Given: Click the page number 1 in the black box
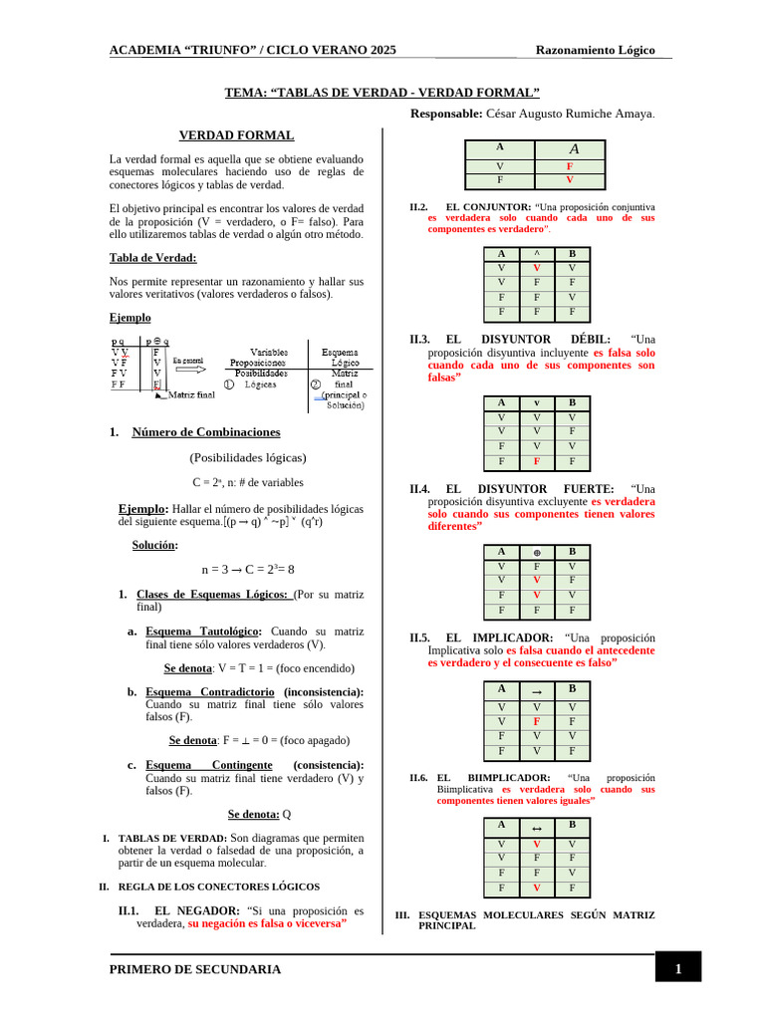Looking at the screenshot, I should tap(677, 968).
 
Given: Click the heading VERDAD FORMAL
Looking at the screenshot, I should tap(236, 135).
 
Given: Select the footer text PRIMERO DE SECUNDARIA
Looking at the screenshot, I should tap(195, 969).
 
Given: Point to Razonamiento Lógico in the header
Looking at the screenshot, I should tap(596, 51).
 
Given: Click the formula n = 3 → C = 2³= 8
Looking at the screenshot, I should tap(248, 570).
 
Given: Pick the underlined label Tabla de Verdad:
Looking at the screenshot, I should tap(152, 258).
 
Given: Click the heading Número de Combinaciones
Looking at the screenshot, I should tap(205, 432).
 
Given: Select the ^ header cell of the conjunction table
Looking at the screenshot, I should tap(537, 254).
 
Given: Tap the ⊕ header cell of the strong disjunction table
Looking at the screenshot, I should tap(537, 552).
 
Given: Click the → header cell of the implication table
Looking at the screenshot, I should tap(537, 689).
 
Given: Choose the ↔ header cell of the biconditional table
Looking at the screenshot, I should tap(537, 826).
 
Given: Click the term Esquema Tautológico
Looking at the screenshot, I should tap(203, 632).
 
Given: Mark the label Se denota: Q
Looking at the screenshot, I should tap(259, 814).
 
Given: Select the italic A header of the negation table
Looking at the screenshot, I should tap(573, 148).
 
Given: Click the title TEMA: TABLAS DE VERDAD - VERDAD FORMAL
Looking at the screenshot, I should tap(382, 93).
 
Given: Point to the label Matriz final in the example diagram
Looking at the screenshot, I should tap(191, 394).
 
